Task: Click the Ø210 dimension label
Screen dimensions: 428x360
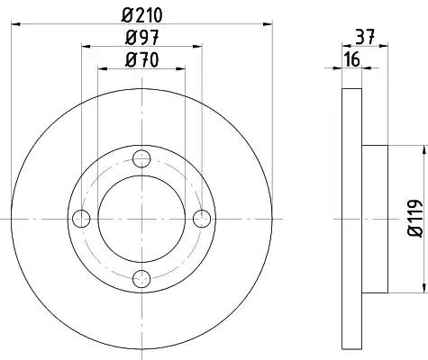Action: (141, 15)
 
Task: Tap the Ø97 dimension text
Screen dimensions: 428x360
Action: (141, 38)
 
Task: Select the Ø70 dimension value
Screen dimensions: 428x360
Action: (141, 59)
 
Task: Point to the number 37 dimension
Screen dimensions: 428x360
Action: (366, 37)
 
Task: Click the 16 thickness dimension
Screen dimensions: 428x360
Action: (352, 59)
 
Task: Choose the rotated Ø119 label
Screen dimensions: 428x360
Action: (415, 218)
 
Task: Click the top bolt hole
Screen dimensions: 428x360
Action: (141, 158)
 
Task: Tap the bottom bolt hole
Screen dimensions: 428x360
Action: (141, 279)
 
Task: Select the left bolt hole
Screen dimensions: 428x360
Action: (81, 219)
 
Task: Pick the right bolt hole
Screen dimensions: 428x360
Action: (202, 219)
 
